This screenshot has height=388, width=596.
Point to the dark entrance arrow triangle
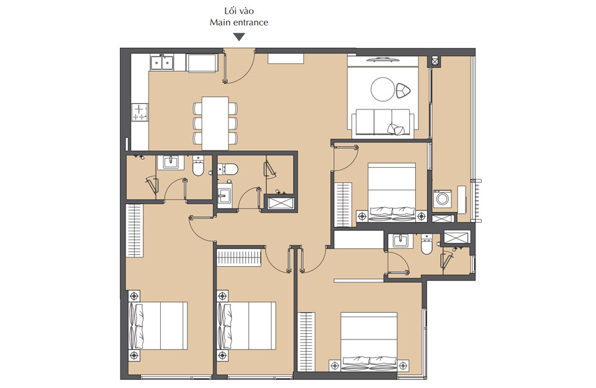tap(238, 37)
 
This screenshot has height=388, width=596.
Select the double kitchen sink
tap(162, 62)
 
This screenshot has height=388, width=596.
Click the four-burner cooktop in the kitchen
tap(140, 112)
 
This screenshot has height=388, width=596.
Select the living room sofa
tap(382, 122)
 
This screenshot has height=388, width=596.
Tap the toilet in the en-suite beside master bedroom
tap(427, 245)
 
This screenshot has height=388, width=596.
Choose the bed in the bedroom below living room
tap(391, 192)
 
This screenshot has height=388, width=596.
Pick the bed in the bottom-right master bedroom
tap(369, 339)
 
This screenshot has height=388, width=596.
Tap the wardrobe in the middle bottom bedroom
tap(240, 257)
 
